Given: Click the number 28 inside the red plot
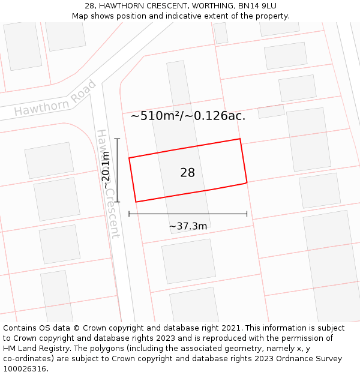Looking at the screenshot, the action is (187, 173).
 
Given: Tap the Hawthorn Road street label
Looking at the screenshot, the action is (55, 100).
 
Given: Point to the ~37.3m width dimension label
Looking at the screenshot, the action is (188, 226).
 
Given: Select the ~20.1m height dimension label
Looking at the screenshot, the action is (106, 170).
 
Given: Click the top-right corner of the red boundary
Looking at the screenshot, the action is (240, 139).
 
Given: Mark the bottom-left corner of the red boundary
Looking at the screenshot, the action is (136, 202).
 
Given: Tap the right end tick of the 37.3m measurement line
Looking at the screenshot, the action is (247, 214).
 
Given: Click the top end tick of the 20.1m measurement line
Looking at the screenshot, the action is (117, 139).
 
